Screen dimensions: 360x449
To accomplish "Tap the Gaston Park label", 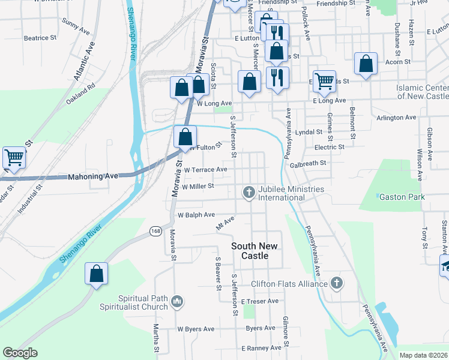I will pos(402,197).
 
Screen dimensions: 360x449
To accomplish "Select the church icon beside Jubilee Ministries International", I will pos(249,193).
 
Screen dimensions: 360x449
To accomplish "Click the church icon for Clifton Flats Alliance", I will pos(337,283).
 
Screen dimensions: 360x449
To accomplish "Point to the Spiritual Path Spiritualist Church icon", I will pos(176,301).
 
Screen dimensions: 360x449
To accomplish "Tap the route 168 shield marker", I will pos(156,231).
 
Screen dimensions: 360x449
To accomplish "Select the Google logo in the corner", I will pos(20,353).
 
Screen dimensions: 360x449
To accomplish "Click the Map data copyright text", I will pos(423,355).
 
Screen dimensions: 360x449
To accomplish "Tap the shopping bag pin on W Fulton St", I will pos(185,137).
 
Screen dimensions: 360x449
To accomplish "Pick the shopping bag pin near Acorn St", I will pos(366,64).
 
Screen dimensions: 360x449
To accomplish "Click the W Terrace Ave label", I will pos(205,170).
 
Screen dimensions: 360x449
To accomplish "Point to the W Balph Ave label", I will pos(196,215).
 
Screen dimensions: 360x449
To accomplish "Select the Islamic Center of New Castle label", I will pos(422,92).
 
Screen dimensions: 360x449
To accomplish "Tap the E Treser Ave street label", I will pos(259,301).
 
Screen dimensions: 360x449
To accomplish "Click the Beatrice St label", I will pos(40,38).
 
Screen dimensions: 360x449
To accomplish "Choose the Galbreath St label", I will pos(307,163).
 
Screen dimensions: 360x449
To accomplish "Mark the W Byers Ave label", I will pos(196,329).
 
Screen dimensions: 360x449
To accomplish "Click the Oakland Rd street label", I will pos(81,95).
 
